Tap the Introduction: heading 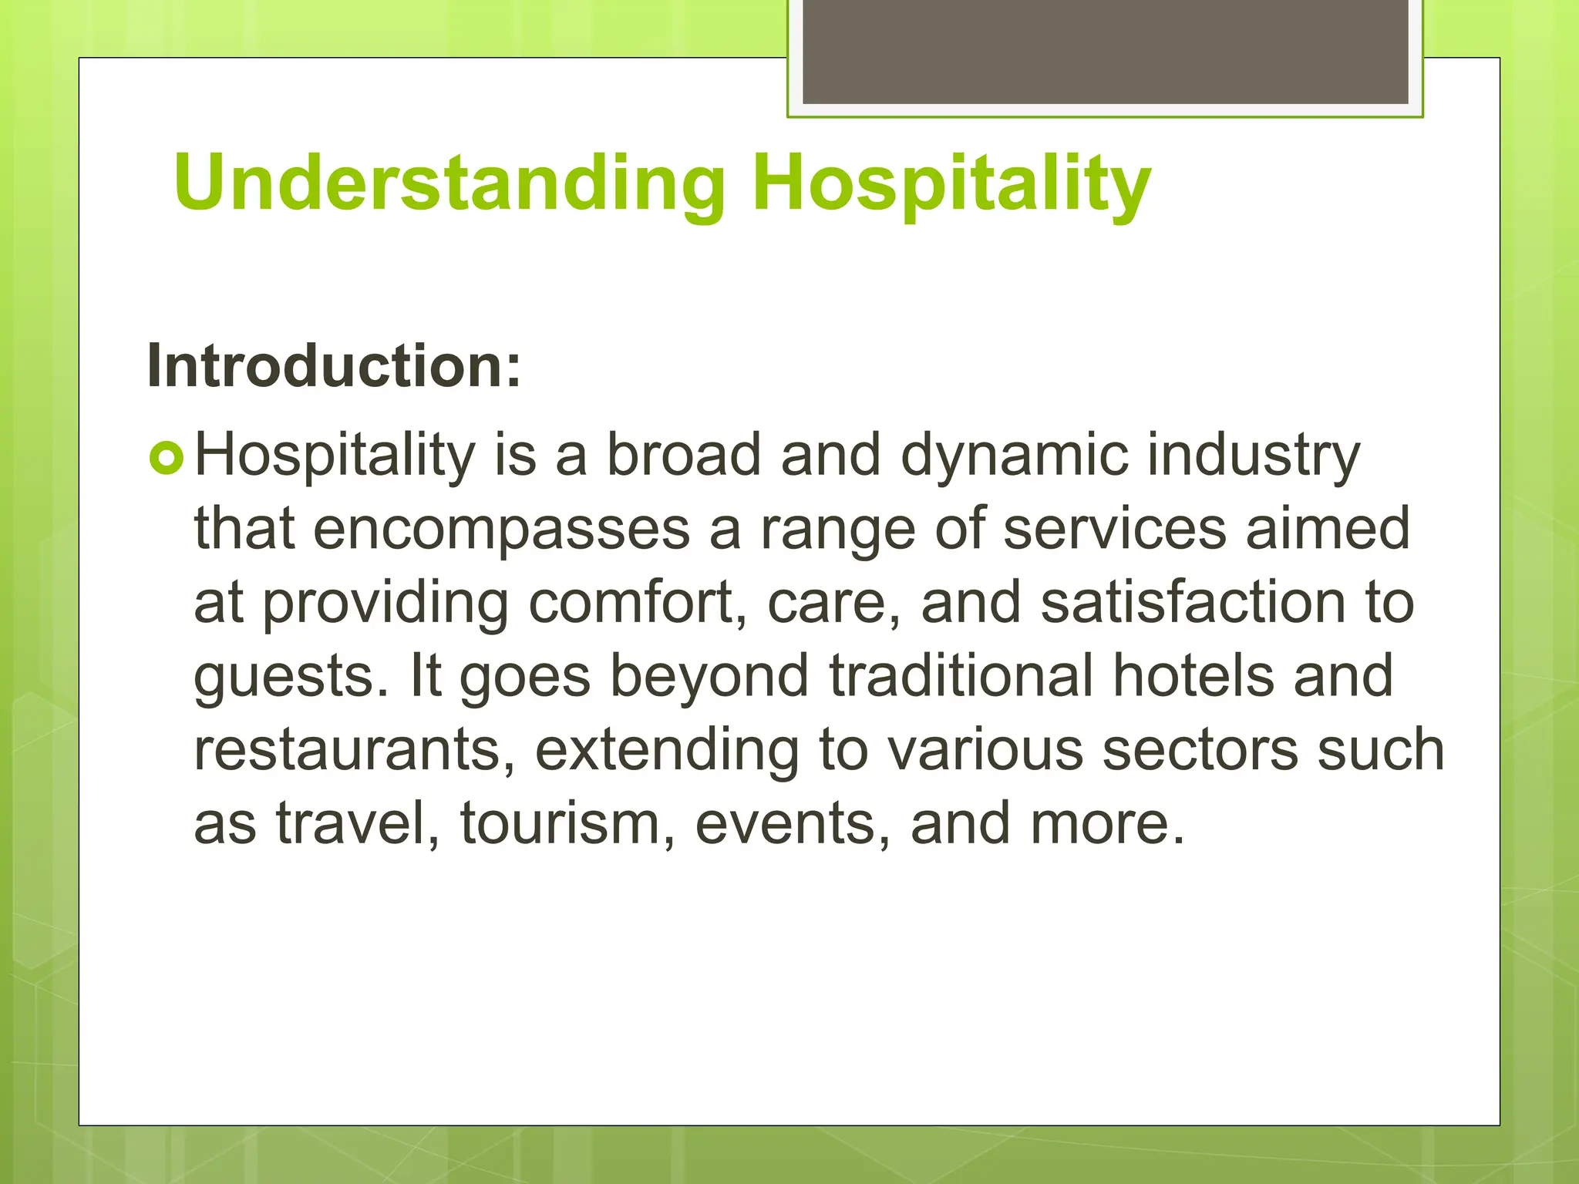pos(334,365)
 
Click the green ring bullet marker pos(167,459)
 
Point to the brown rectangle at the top pos(1105,52)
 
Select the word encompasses pos(501,529)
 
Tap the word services pos(1115,529)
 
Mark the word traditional pos(961,676)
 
